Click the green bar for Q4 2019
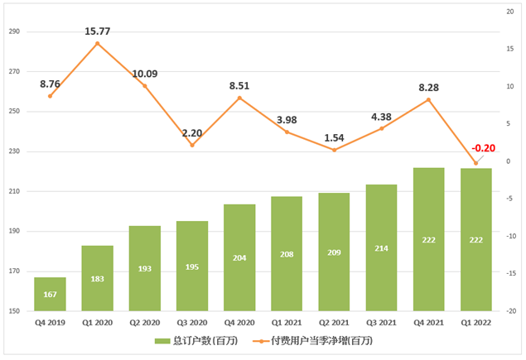coord(50,294)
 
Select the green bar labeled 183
coord(98,278)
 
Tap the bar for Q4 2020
coord(239,257)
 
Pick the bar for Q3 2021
coord(382,247)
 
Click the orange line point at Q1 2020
coord(98,43)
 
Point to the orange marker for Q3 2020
coord(192,145)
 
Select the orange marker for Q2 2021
coord(334,150)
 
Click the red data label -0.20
coord(484,149)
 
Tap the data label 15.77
coord(98,31)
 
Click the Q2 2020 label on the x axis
coord(145,323)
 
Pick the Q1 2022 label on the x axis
coord(476,323)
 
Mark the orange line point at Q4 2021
coord(429,99)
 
